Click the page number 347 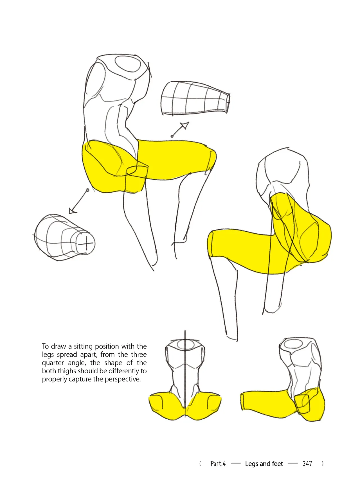307,464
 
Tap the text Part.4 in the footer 218,464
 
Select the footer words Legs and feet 264,464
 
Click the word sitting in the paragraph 84,346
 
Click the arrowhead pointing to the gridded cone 184,125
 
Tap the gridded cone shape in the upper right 196,98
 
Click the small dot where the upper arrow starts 172,136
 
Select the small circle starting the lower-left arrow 88,190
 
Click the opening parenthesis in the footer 200,464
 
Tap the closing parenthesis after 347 323,464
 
